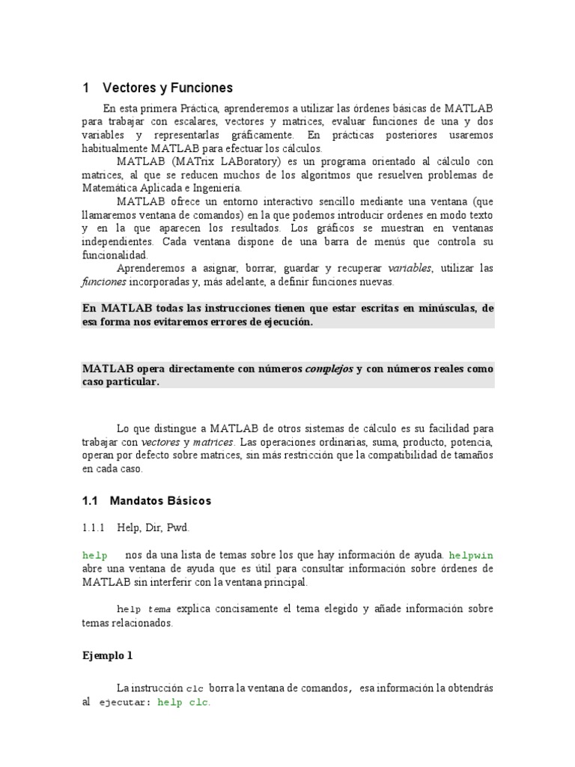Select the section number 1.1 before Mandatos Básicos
90,500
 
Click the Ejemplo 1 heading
106,655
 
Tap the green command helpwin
471,556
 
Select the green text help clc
183,703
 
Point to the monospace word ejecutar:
125,703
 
